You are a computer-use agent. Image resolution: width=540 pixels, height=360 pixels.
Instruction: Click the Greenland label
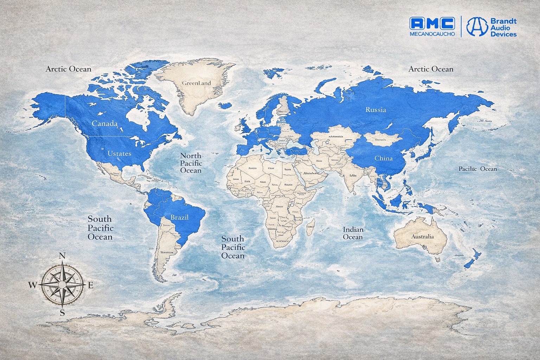(x=196, y=83)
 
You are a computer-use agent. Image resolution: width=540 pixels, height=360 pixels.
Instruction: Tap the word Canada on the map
(x=104, y=123)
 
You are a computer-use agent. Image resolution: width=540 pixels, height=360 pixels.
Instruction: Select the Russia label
(x=375, y=110)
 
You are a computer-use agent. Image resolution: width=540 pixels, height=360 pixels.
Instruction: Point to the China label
(x=383, y=158)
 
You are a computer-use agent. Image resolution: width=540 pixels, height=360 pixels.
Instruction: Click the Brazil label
(x=179, y=217)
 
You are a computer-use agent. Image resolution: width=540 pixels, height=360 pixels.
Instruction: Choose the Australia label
(x=422, y=236)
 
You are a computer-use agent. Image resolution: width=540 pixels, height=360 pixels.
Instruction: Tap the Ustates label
(x=119, y=153)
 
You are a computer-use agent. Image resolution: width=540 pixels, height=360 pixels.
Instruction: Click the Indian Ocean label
(x=353, y=233)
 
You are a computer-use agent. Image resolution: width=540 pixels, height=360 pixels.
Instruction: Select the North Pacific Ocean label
(x=191, y=163)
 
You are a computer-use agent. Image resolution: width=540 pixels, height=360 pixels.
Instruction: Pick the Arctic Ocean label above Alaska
(x=68, y=69)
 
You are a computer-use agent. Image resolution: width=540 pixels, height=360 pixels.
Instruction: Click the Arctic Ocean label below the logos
(x=431, y=69)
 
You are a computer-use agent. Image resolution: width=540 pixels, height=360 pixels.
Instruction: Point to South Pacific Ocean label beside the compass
(x=100, y=228)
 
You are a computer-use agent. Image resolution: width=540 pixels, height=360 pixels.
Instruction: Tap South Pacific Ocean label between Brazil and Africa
(x=233, y=247)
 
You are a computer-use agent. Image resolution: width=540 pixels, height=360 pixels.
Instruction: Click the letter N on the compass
(x=63, y=256)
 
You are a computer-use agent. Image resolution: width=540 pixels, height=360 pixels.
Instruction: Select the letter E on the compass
(x=90, y=285)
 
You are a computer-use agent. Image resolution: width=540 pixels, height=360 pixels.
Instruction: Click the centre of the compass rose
(x=62, y=284)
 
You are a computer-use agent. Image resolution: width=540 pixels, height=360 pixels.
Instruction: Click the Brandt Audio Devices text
(x=503, y=27)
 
